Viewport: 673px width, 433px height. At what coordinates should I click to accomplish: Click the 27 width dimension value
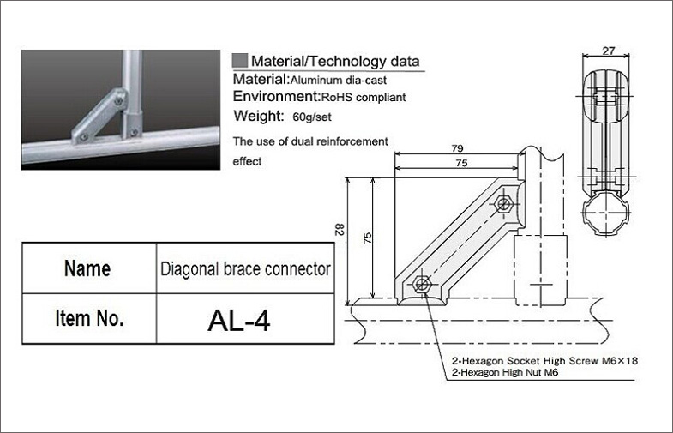[608, 51]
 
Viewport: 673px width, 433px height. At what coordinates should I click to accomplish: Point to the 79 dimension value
[458, 148]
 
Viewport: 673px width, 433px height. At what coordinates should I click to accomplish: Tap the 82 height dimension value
[340, 229]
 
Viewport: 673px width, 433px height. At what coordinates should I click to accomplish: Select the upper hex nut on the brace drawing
[503, 203]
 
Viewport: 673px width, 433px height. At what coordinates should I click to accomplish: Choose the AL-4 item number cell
[245, 319]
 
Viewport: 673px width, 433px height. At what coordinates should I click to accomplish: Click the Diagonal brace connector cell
[245, 268]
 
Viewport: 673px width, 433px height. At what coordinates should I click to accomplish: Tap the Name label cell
[89, 268]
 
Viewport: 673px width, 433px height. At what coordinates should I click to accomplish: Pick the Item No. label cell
[89, 319]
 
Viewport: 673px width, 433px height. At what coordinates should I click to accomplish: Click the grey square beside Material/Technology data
[240, 61]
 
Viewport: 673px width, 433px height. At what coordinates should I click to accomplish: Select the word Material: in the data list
[261, 79]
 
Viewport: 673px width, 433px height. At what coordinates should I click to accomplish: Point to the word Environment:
[276, 96]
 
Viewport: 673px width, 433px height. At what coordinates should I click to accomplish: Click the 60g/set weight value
[311, 117]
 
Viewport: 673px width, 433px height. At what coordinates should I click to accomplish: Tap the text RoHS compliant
[364, 98]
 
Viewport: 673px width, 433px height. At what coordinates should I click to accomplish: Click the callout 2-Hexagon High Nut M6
[505, 372]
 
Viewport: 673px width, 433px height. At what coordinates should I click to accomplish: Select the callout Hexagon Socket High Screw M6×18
[548, 360]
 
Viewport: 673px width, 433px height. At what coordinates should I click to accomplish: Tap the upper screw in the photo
[119, 101]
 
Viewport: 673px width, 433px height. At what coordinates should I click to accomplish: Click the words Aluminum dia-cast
[339, 81]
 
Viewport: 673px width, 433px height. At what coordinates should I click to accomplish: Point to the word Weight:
[258, 116]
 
